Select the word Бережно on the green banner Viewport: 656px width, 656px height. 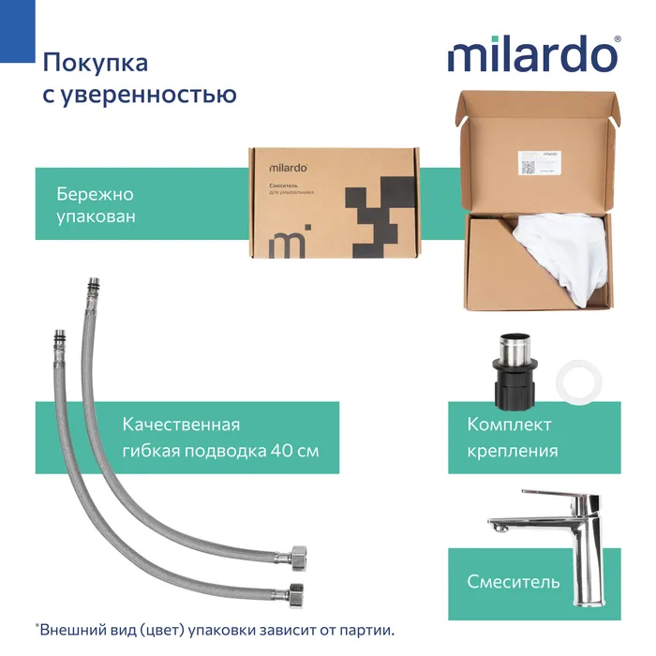tap(96, 195)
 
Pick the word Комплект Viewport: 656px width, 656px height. tap(509, 425)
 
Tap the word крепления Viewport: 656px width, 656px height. tap(513, 451)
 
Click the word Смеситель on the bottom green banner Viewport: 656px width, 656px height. tap(514, 581)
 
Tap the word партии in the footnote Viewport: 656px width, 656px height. tap(367, 630)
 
